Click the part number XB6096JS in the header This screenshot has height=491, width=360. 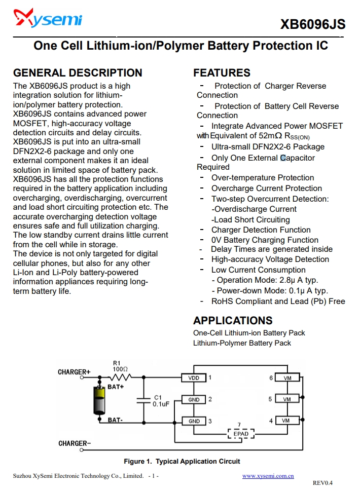coord(312,24)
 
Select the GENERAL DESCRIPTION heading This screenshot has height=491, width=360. coord(78,73)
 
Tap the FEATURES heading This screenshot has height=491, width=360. coord(222,73)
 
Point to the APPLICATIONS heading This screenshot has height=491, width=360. coord(233,321)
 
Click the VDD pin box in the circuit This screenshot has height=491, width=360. coord(194,378)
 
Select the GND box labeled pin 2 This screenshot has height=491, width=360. coord(194,400)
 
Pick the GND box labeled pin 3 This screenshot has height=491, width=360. coord(194,421)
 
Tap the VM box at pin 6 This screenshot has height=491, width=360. coord(287,378)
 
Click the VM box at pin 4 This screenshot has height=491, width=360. coord(287,421)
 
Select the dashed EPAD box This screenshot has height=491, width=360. coord(241,434)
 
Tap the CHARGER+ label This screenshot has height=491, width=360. coord(74,372)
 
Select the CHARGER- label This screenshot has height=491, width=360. coord(75,444)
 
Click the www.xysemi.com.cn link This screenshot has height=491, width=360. coord(268,476)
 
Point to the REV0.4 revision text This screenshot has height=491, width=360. coord(322,483)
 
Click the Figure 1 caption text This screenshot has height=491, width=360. coord(182,462)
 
